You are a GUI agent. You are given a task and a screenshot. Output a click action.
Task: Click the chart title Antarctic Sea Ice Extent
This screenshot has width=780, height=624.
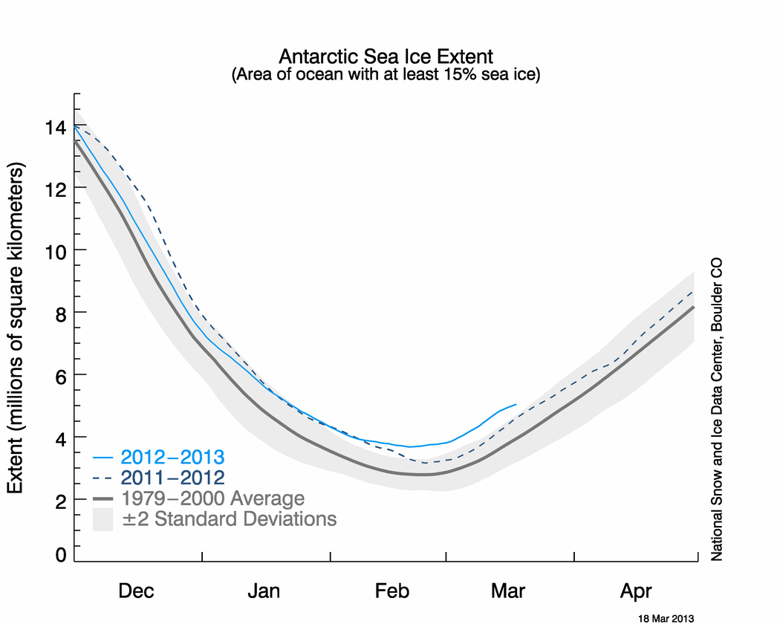click(x=386, y=56)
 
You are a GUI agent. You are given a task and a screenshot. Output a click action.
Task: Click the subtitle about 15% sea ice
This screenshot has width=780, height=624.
click(x=386, y=74)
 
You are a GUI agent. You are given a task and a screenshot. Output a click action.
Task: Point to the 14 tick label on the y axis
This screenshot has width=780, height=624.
click(x=55, y=128)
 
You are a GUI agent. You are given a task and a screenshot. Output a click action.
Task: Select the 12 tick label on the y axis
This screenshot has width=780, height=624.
click(x=55, y=189)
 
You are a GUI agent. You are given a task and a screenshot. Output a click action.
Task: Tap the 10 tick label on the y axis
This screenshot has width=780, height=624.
click(x=55, y=253)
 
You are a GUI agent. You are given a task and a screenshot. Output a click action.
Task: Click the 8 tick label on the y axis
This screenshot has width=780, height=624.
click(x=61, y=314)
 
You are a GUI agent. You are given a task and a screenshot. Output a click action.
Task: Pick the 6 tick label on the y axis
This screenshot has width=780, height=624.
click(x=61, y=377)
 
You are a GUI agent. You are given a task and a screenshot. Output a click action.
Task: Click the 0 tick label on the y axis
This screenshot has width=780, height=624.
click(x=61, y=554)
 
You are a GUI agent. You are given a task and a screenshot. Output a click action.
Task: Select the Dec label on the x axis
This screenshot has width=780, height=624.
click(x=136, y=591)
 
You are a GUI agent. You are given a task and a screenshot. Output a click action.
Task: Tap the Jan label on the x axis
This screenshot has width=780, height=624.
click(x=264, y=591)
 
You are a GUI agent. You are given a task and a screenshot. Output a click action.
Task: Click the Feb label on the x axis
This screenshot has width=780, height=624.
click(x=392, y=591)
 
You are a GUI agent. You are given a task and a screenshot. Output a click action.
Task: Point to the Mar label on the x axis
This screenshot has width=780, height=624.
click(x=508, y=591)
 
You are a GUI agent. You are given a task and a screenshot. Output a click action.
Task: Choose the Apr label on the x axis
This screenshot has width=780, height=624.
click(x=636, y=591)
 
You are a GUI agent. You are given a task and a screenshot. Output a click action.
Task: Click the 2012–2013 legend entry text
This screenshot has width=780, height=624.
click(x=172, y=457)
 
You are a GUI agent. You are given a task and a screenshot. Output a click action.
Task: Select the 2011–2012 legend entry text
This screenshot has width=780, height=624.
click(x=172, y=478)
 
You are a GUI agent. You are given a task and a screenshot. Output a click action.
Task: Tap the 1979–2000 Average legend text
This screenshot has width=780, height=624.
click(x=213, y=498)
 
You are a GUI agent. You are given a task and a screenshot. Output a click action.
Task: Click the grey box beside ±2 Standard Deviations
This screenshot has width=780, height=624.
click(x=103, y=519)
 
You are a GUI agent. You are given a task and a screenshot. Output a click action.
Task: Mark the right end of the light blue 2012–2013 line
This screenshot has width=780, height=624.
click(x=516, y=405)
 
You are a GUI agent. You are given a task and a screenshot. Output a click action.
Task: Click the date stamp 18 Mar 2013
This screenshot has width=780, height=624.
click(x=666, y=619)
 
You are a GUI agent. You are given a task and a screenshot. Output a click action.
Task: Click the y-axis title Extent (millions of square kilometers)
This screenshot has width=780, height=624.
click(x=16, y=328)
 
